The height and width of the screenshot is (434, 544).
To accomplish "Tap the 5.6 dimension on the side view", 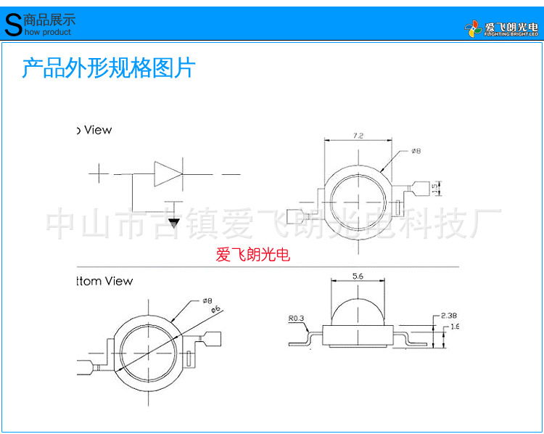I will pyautogui.click(x=357, y=276).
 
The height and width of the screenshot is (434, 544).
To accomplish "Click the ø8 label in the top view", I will pyautogui.click(x=416, y=151).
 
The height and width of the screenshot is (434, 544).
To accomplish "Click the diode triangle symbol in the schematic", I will pyautogui.click(x=166, y=174).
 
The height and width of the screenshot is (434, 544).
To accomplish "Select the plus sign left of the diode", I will pyautogui.click(x=99, y=174).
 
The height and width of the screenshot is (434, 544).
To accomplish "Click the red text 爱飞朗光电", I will pyautogui.click(x=252, y=255).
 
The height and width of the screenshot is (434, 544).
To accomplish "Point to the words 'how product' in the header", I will pyautogui.click(x=47, y=32).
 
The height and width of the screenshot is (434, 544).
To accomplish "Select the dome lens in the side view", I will pyautogui.click(x=357, y=311).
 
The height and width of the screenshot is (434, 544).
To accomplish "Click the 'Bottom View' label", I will pyautogui.click(x=105, y=281).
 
